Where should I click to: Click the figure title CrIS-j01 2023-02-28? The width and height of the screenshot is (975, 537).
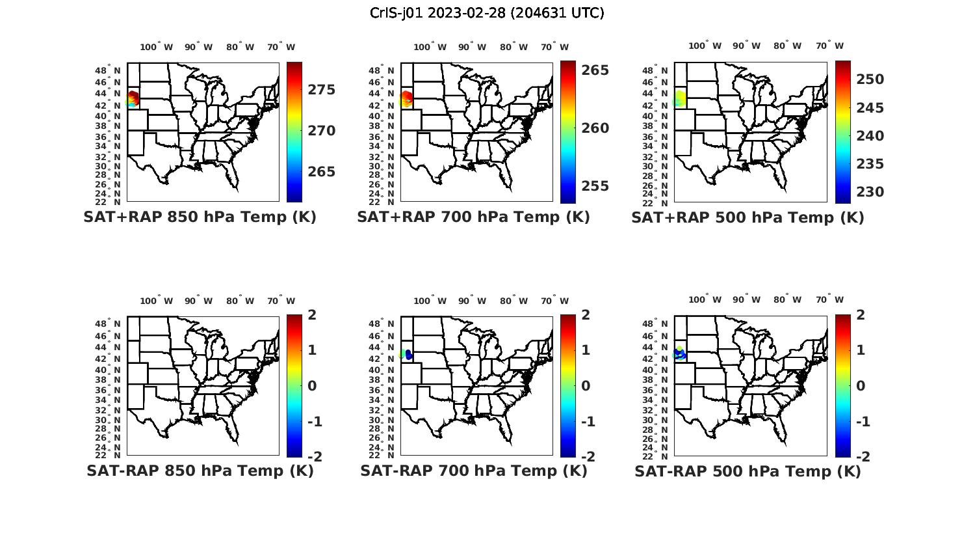point(487,13)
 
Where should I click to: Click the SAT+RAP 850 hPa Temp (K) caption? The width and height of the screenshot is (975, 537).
point(200,217)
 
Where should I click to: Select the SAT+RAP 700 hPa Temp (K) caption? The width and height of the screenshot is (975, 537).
point(473,217)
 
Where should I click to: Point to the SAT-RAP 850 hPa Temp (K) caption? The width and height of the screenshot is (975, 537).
point(200,471)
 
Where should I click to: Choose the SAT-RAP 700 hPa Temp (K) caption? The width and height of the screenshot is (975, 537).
point(473,471)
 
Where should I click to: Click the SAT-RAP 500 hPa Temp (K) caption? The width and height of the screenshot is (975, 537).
point(747,471)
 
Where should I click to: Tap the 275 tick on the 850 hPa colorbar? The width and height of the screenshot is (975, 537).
point(322,90)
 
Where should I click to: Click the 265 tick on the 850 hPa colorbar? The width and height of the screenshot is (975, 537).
point(322,172)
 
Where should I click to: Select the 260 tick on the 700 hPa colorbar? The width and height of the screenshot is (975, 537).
point(595,128)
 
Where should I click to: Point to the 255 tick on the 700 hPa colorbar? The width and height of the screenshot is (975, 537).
point(595,186)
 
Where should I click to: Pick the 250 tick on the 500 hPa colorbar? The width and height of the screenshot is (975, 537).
point(870,79)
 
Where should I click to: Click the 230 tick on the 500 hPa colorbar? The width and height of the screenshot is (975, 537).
point(870,192)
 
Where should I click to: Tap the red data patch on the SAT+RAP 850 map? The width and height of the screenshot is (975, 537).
point(134,98)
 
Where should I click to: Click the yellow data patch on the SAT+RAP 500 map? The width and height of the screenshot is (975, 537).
point(681,99)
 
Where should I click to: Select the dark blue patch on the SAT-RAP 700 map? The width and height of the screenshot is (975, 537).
point(409,355)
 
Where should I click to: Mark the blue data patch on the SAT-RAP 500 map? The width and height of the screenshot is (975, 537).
point(680,355)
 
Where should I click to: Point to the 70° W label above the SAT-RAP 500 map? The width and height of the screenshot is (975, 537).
point(829,300)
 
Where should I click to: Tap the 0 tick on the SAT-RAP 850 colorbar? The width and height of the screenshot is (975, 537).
point(311,386)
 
